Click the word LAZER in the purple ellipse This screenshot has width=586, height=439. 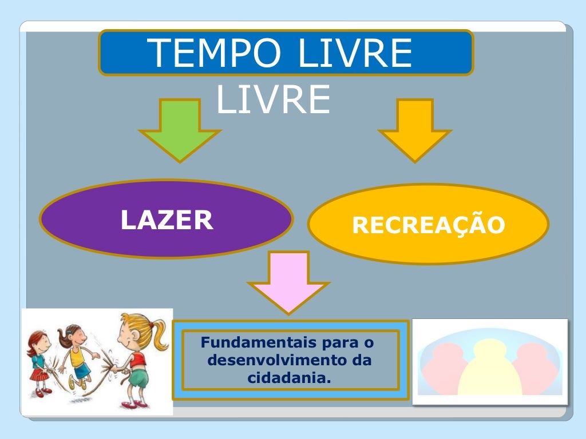point(167,220)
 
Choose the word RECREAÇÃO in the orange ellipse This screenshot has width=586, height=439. point(429,225)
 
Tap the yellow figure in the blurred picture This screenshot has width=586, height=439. point(489,369)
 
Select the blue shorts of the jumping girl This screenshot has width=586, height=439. point(81,370)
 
